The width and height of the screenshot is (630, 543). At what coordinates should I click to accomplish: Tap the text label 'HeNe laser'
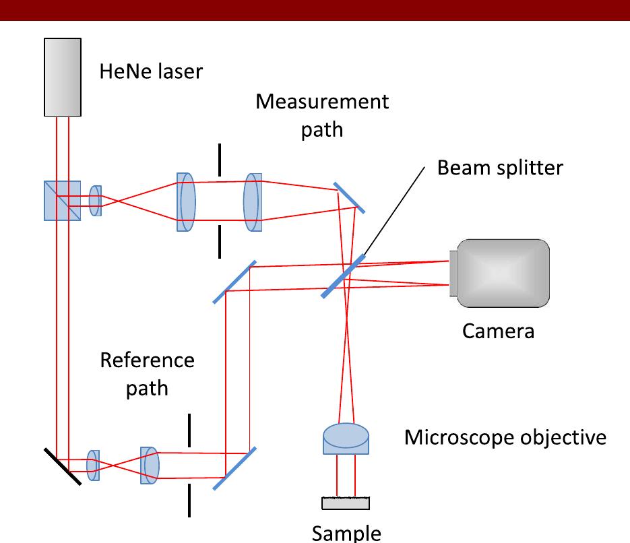click(150, 71)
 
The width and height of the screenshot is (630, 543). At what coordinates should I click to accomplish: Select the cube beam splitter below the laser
click(62, 200)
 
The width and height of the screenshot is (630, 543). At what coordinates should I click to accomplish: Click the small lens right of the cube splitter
click(95, 201)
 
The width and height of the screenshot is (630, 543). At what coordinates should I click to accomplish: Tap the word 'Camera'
click(498, 331)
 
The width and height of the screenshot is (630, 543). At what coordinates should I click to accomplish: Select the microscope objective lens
click(345, 439)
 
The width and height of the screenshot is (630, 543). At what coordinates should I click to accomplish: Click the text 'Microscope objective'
click(505, 438)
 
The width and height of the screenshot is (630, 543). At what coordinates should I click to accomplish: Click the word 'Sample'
click(346, 532)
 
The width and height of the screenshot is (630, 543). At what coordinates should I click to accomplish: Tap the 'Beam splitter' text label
click(499, 167)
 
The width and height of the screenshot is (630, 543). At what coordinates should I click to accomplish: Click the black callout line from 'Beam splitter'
click(393, 212)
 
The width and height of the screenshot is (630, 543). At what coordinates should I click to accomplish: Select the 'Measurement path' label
click(322, 115)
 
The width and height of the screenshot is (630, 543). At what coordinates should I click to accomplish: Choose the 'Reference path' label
click(147, 374)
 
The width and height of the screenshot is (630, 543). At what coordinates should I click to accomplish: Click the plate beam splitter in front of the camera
click(343, 276)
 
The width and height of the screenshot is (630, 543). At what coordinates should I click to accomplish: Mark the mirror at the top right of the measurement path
click(349, 197)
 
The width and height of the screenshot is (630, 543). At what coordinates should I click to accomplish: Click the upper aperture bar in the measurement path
click(219, 160)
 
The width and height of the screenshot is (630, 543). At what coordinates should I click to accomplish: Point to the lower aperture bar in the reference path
click(189, 500)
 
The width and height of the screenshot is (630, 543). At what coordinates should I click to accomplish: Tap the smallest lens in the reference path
click(94, 466)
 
